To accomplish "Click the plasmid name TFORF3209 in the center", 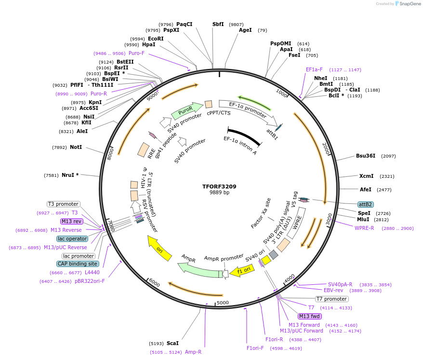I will tap(219, 186).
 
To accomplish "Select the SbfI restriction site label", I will tap(218, 24).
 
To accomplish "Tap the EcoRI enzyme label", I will tap(156, 39).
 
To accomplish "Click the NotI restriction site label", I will tap(76, 147).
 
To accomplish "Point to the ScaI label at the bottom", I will tap(172, 344).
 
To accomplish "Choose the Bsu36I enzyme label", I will tap(366, 156).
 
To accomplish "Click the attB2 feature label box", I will tap(365, 204).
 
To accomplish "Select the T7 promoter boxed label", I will tap(331, 299).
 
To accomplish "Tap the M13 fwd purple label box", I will tap(309, 316).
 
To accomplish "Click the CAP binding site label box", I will tap(78, 264).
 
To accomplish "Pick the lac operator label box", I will tap(72, 239).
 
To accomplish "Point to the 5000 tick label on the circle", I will tap(223, 302).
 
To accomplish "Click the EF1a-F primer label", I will tap(314, 69).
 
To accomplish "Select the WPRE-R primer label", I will tap(364, 228).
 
